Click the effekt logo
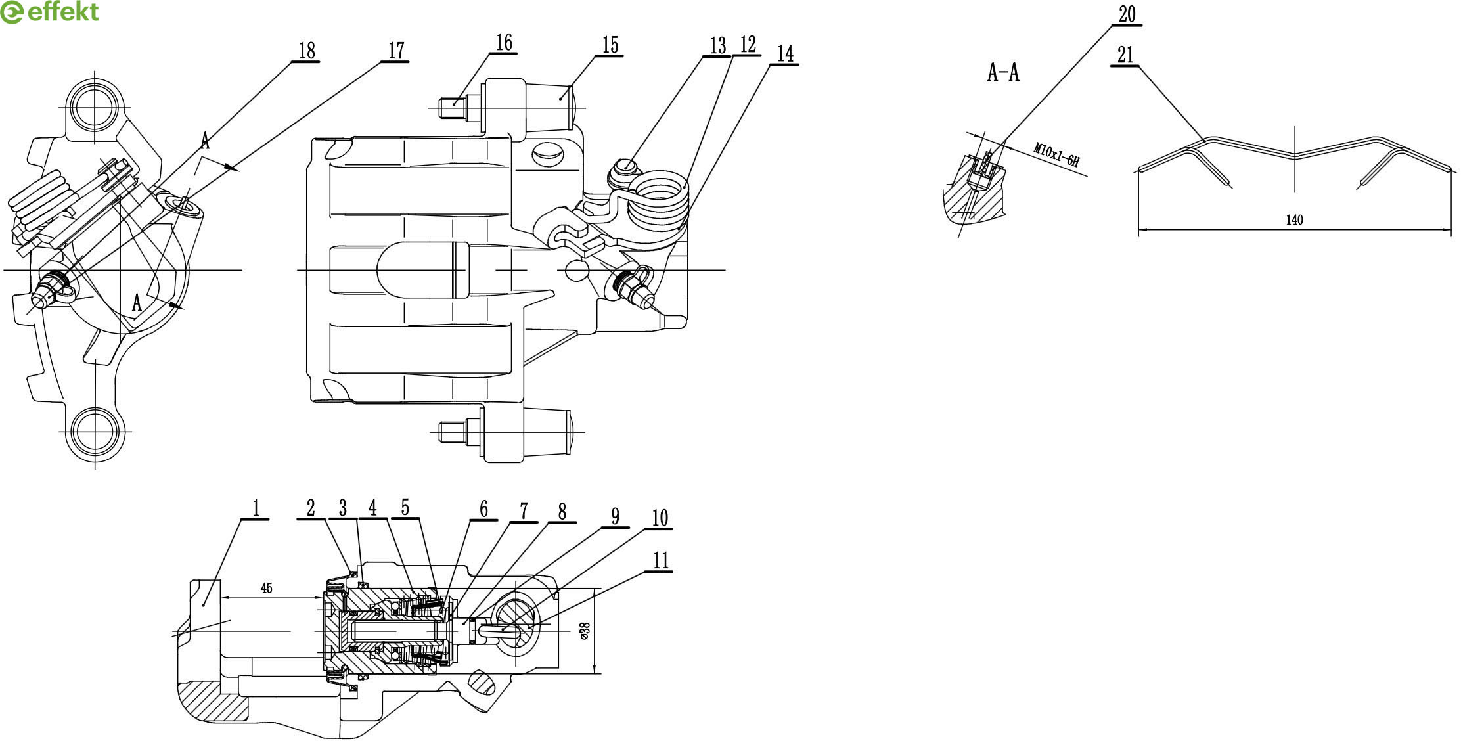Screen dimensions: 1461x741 pos(49,12)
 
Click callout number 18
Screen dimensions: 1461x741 pos(307,51)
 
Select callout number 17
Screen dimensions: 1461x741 pos(396,51)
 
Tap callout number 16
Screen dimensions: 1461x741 pos(504,43)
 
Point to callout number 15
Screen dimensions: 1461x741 pos(610,45)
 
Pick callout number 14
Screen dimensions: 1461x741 pos(785,54)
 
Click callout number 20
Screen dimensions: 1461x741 pos(1127,14)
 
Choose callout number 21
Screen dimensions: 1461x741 pos(1126,55)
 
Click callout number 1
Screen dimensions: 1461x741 pos(256,507)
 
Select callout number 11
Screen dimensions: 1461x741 pos(661,560)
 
